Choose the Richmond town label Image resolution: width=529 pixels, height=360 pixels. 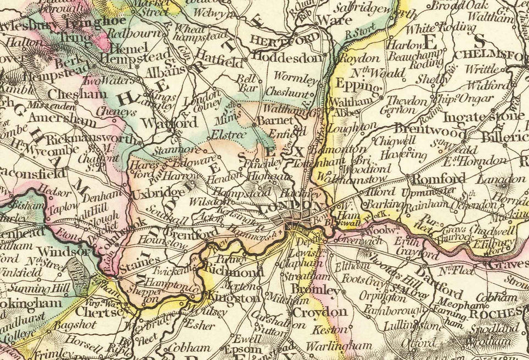pos(234,273)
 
